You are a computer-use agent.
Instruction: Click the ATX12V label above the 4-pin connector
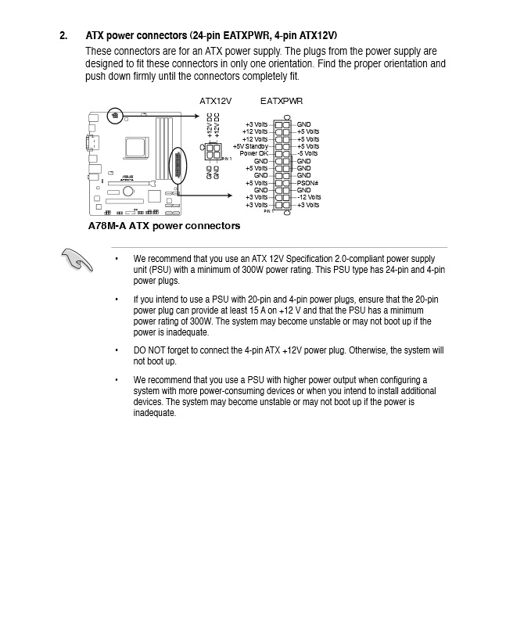point(215,101)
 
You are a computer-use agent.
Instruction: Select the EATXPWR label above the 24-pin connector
point(281,101)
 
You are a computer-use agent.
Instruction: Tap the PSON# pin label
point(307,183)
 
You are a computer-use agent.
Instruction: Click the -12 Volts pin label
point(309,197)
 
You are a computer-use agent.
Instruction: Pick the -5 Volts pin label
point(307,153)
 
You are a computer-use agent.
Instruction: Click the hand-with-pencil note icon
point(77,260)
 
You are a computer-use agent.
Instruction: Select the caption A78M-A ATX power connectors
point(164,226)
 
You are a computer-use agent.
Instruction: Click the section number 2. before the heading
point(63,36)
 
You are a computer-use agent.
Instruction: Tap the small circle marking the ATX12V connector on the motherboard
point(115,116)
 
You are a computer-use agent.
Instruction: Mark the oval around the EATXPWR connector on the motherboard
point(178,167)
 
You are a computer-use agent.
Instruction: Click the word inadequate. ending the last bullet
point(154,413)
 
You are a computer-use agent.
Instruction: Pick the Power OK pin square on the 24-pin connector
point(278,153)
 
